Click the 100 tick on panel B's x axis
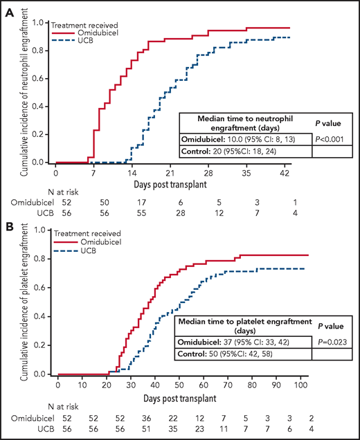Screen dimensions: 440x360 (x=298, y=385)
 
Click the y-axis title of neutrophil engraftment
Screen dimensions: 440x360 (x=26, y=93)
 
